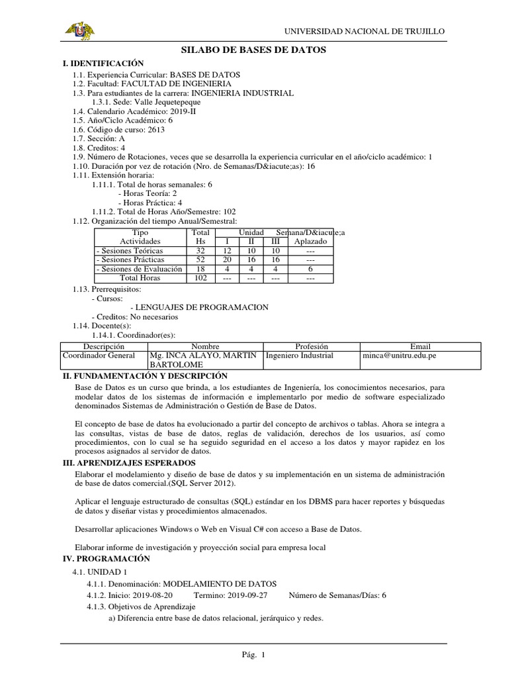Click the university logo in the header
coord(78,30)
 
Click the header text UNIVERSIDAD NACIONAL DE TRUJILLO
coord(364,31)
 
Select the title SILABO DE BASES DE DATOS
coord(253,50)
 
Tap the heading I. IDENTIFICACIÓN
coord(103,62)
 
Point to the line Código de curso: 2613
coord(118,130)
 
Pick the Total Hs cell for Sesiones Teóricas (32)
coord(200,251)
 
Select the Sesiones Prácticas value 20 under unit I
coord(228,260)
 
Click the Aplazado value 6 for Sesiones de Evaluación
coord(310,269)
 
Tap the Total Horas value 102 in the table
coord(200,279)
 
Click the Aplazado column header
coord(310,242)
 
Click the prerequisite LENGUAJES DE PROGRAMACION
coord(200,308)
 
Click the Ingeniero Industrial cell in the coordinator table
coord(299,356)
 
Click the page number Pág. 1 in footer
coord(253,655)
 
